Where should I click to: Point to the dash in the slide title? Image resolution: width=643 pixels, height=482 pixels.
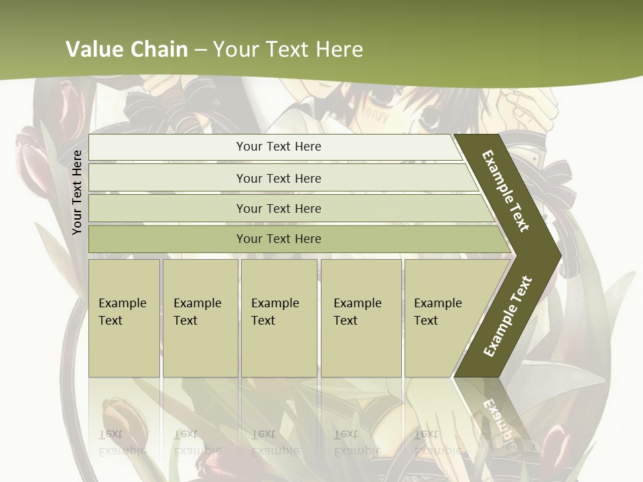200,50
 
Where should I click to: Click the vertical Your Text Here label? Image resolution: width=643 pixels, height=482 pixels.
77,192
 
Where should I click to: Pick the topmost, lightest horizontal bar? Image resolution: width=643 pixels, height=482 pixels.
278,147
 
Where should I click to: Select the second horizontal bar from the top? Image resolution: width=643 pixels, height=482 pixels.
278,178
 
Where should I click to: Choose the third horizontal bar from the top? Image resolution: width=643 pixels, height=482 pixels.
278,208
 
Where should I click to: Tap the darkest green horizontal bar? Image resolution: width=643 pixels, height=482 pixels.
278,239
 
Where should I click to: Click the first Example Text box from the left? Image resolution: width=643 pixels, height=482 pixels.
124,318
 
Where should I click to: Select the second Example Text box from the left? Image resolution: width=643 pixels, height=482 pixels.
200,318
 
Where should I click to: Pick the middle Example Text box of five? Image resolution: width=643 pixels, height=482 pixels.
279,318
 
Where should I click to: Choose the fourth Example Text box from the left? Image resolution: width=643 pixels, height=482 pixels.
360,318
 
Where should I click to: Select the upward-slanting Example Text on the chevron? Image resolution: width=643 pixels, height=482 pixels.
507,316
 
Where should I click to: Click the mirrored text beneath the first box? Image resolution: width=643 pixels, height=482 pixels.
123,442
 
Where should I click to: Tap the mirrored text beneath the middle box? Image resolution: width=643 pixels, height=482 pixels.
275,442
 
